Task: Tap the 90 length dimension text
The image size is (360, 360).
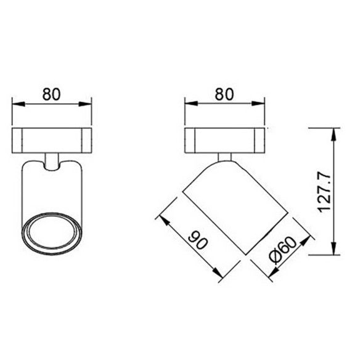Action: [197, 240]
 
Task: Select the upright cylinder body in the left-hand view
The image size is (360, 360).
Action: [52, 191]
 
